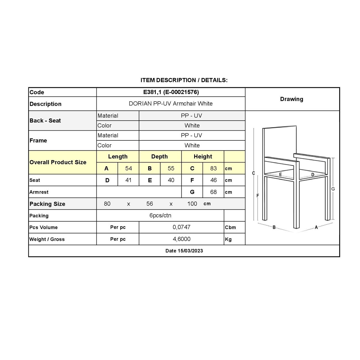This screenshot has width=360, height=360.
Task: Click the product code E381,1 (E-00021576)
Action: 171,92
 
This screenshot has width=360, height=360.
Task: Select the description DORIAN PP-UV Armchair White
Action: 171,104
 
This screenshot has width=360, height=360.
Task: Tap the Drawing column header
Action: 292,99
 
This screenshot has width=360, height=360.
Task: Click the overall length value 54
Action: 128,168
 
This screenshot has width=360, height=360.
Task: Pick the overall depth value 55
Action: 171,168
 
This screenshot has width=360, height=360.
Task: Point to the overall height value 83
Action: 213,168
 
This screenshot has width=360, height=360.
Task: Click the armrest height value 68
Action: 213,192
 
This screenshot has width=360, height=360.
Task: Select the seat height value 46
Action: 213,180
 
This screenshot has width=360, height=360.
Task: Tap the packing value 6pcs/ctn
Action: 160,215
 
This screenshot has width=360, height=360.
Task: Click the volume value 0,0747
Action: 181,227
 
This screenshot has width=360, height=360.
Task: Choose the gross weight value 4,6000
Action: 181,239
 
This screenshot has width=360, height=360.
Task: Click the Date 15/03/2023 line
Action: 184,251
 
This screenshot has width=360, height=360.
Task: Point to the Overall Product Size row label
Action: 58,162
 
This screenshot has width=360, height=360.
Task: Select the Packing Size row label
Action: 47,204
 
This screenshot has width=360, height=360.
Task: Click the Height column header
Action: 203,156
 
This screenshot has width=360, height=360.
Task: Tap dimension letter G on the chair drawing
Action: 333,189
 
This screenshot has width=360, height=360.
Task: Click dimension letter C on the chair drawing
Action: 253,173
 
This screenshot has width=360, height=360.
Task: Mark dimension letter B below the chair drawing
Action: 274,227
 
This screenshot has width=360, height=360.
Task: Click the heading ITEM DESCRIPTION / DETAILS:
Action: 184,80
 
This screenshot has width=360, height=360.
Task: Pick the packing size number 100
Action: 192,204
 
